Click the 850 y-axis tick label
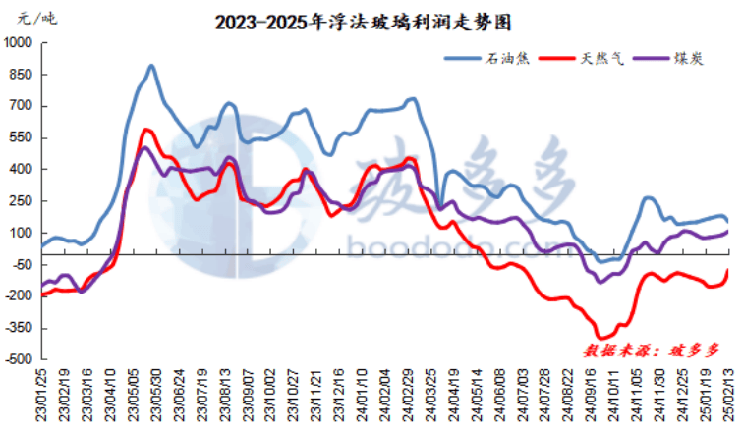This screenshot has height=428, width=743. pyautogui.click(x=22, y=75)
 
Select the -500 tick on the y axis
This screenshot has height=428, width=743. pyautogui.click(x=19, y=359)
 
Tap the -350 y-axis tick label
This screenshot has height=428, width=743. pyautogui.click(x=19, y=328)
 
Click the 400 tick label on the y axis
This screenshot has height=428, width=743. pyautogui.click(x=22, y=170)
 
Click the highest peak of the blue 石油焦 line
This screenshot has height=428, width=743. pyautogui.click(x=151, y=67)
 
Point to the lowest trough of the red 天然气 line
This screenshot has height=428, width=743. pyautogui.click(x=601, y=337)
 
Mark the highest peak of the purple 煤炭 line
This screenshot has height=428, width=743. pyautogui.click(x=144, y=148)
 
